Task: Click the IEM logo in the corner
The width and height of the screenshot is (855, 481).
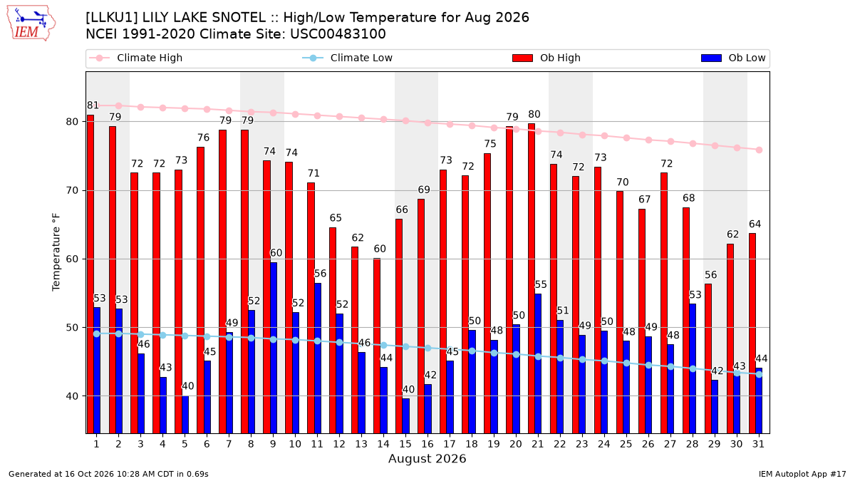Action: pyautogui.click(x=31, y=24)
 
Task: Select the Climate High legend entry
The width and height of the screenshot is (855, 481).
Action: pyautogui.click(x=135, y=58)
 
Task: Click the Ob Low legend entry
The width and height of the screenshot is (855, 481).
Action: pyautogui.click(x=733, y=58)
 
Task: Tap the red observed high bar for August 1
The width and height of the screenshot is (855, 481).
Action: pyautogui.click(x=90, y=274)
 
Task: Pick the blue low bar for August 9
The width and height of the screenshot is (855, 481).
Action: pyautogui.click(x=274, y=348)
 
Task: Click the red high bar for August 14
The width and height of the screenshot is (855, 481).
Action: pyautogui.click(x=377, y=346)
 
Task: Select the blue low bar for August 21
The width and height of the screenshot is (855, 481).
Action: pyautogui.click(x=538, y=364)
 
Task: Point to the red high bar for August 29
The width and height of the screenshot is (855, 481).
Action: pyautogui.click(x=708, y=359)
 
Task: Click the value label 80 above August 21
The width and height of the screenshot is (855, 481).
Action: pyautogui.click(x=534, y=114)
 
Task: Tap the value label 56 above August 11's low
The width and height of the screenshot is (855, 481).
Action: pyautogui.click(x=320, y=274)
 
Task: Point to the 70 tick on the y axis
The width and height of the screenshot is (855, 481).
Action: pyautogui.click(x=72, y=190)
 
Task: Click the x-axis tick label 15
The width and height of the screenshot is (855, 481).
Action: pyautogui.click(x=405, y=444)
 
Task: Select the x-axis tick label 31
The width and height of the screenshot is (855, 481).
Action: pyautogui.click(x=758, y=444)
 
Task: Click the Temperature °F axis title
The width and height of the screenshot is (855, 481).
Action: pyautogui.click(x=56, y=252)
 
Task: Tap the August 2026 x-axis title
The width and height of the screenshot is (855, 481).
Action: pyautogui.click(x=427, y=458)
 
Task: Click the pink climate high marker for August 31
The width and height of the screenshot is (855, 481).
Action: pyautogui.click(x=760, y=150)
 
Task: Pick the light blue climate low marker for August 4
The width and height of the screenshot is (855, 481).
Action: pyautogui.click(x=163, y=335)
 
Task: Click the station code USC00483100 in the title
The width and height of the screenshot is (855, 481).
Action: pyautogui.click(x=338, y=34)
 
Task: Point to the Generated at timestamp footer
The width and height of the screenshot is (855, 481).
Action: pyautogui.click(x=108, y=474)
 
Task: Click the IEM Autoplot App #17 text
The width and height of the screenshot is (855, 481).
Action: pyautogui.click(x=802, y=474)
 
